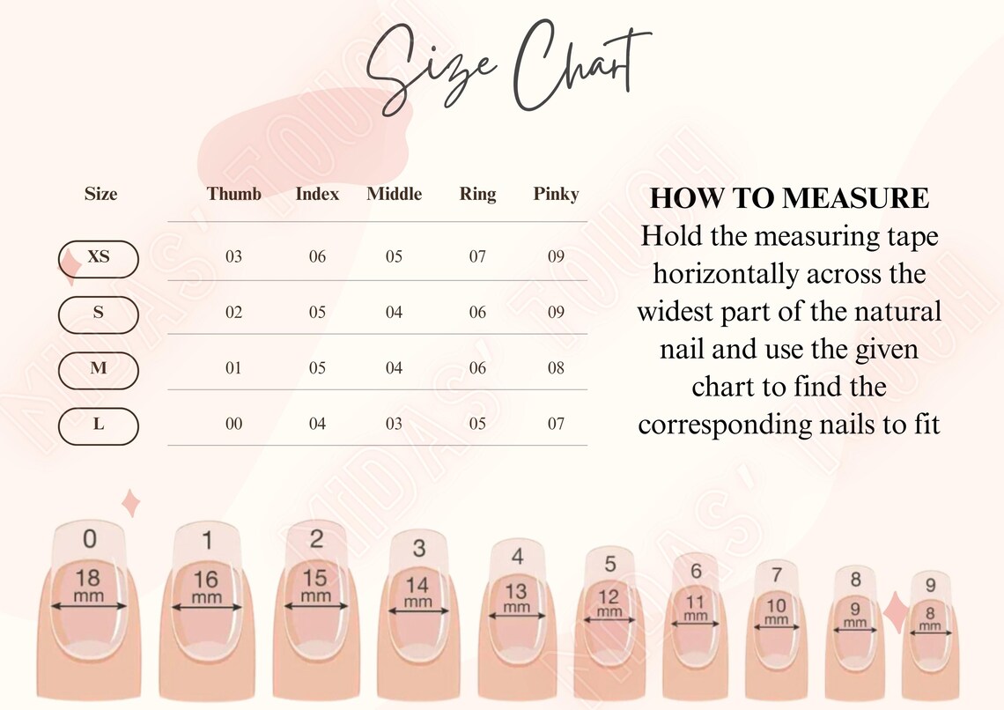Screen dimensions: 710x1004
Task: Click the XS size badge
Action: tap(99, 258)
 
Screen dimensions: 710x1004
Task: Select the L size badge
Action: tap(99, 425)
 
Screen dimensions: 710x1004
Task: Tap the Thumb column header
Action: tap(234, 194)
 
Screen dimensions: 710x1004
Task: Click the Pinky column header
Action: tap(556, 194)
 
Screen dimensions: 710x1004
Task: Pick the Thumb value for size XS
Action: tap(233, 257)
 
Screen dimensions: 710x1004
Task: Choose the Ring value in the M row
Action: tap(477, 368)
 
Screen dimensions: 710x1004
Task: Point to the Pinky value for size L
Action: tap(556, 424)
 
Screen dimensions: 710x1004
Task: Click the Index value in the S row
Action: tap(317, 313)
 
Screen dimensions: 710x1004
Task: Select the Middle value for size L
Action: tap(394, 424)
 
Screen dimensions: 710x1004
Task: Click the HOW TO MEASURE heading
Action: tap(789, 198)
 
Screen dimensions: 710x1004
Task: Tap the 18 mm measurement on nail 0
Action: tap(88, 586)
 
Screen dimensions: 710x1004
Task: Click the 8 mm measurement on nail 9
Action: tap(930, 618)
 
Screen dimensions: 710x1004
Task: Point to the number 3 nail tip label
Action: tap(419, 548)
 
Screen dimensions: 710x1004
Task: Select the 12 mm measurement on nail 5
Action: tap(609, 603)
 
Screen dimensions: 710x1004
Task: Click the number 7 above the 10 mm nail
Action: tap(776, 575)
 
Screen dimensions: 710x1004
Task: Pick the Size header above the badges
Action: tap(100, 194)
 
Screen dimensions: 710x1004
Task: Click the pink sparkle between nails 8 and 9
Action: tap(897, 612)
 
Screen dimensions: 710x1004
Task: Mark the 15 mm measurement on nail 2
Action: tap(314, 585)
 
